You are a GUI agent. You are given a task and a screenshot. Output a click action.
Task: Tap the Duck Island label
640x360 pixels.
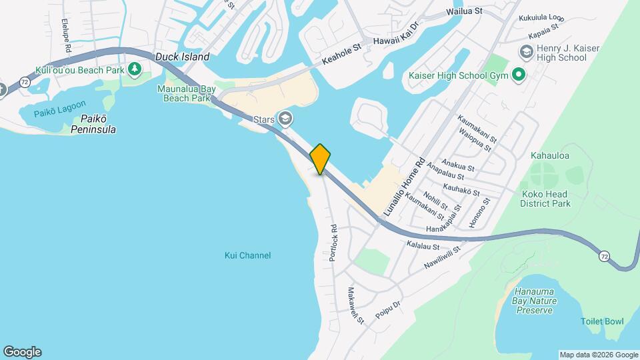click(182, 57)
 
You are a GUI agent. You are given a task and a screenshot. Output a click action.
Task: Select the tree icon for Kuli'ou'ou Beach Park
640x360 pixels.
click(135, 69)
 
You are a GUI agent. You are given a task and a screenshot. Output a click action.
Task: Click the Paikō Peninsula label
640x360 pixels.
click(93, 124)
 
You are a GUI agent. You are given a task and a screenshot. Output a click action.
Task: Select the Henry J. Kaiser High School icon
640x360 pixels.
click(526, 52)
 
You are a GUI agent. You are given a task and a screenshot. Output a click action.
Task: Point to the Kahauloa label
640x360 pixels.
click(550, 156)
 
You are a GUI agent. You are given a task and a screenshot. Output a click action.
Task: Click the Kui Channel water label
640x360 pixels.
click(248, 255)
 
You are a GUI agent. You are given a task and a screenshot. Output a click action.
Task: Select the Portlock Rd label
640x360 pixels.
click(333, 242)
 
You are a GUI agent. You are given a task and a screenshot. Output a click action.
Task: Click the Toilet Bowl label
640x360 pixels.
click(602, 321)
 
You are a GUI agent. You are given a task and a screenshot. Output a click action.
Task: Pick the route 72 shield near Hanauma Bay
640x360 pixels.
click(603, 256)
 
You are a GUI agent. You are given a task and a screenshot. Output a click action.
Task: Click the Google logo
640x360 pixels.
click(22, 351)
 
